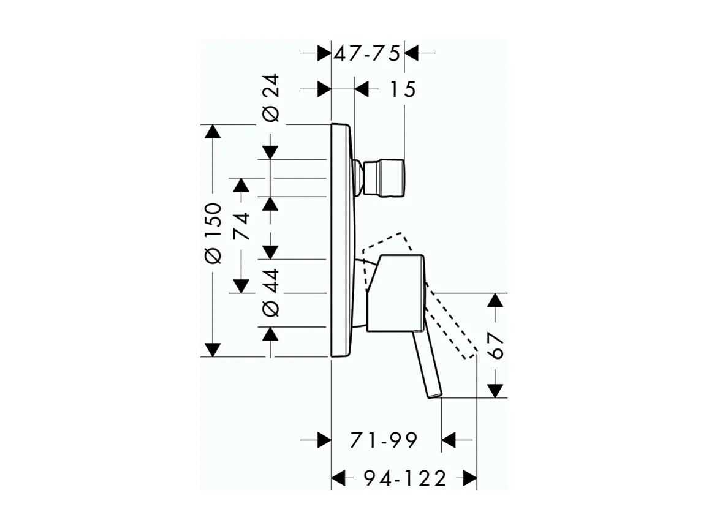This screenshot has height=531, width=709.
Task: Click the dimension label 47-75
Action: (x=366, y=53)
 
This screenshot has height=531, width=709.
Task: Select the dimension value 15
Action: (x=402, y=89)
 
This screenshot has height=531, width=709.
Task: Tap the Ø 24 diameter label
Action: (x=271, y=98)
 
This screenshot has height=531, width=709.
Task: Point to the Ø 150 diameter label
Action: (x=212, y=233)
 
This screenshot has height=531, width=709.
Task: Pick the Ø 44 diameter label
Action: (x=271, y=292)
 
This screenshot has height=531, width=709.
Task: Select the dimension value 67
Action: (x=496, y=346)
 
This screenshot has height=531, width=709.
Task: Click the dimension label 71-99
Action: (x=384, y=440)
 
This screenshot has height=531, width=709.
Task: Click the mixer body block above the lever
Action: (x=395, y=292)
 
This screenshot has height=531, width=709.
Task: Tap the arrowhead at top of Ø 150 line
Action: (x=212, y=132)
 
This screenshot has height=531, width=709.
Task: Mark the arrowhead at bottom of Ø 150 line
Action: (x=212, y=350)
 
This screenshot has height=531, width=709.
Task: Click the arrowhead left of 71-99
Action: (x=323, y=440)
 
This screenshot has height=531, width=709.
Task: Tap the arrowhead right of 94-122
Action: (x=469, y=478)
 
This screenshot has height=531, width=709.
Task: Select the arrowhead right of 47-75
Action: (x=412, y=53)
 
